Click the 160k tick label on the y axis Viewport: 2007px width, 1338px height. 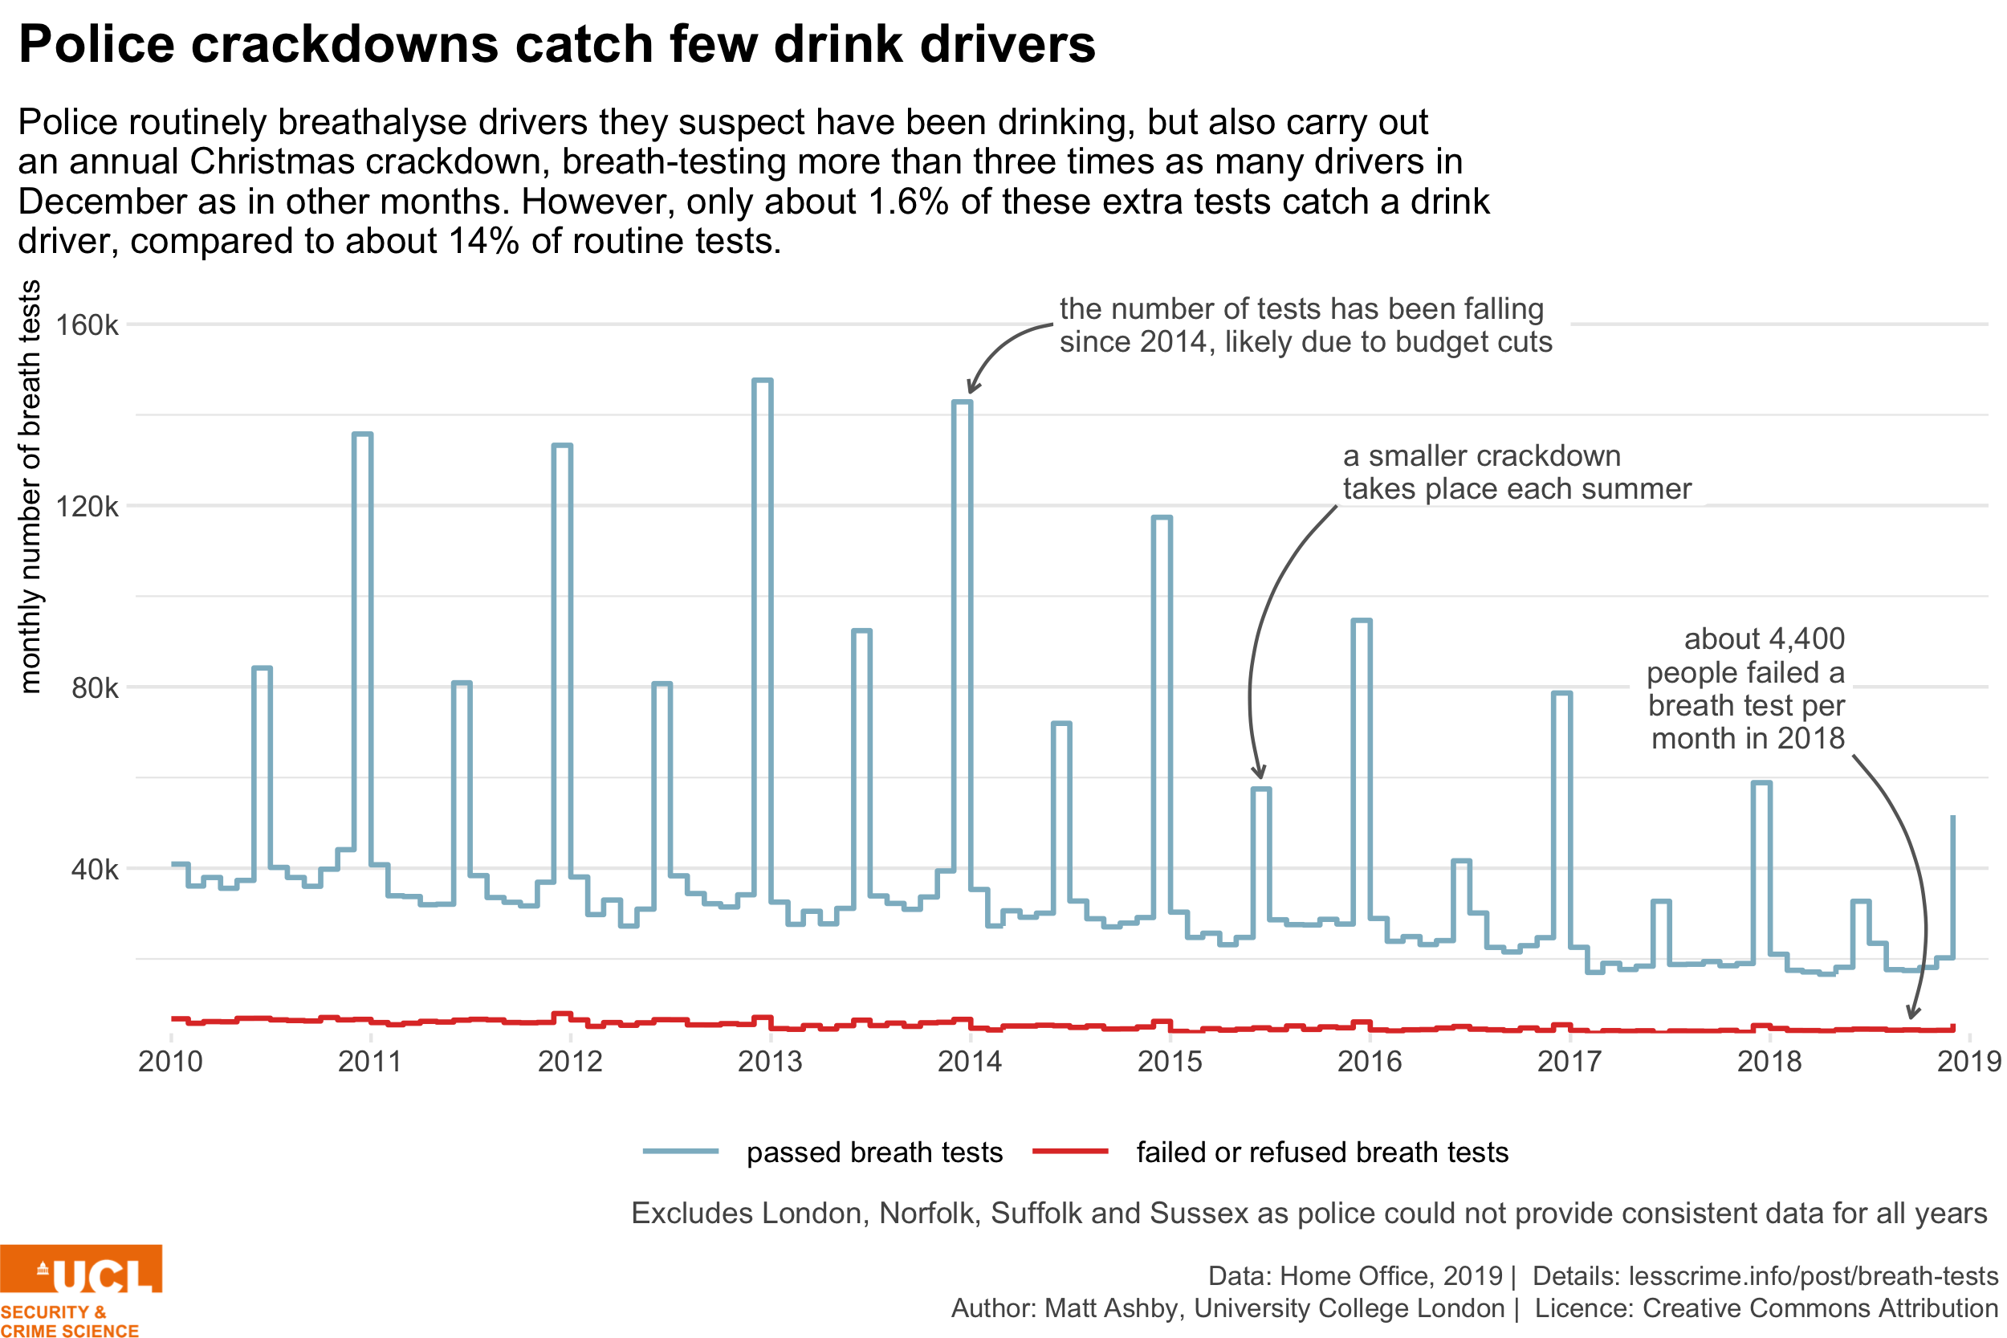(86, 325)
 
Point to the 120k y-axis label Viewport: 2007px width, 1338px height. (86, 507)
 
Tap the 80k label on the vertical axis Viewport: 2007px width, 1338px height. (94, 687)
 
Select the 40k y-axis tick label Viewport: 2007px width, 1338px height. (94, 870)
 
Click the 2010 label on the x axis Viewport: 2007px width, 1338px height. (170, 1062)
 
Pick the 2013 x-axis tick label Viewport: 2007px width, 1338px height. (770, 1062)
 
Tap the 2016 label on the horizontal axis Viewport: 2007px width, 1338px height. (1370, 1062)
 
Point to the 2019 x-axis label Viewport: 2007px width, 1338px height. (1969, 1062)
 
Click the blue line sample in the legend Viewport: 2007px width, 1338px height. (680, 1151)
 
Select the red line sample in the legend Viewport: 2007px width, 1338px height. (1069, 1151)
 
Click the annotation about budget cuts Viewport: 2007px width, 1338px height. (1311, 324)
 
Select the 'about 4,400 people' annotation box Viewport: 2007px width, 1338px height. (1741, 683)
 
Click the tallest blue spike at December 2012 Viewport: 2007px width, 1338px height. (763, 381)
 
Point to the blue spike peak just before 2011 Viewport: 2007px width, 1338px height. (361, 434)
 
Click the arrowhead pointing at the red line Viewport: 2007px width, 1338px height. (1913, 1013)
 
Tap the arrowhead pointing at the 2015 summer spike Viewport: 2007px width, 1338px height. (1259, 773)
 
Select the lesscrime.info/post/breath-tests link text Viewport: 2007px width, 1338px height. (1814, 1275)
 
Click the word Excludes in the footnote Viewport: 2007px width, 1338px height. (691, 1214)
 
